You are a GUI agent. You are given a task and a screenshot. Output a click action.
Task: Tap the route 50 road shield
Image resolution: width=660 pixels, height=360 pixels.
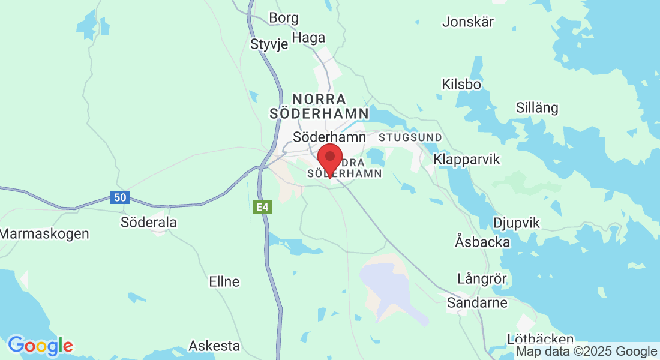[x=120, y=197]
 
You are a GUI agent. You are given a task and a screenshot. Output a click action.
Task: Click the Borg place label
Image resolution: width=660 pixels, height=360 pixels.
[x=284, y=18]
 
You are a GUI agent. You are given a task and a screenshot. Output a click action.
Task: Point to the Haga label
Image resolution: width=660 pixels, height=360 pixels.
[x=308, y=38]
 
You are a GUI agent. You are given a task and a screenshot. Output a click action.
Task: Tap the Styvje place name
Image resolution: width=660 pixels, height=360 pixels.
[x=270, y=44]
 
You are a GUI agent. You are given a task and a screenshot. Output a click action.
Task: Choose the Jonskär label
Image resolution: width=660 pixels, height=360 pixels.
[x=468, y=22]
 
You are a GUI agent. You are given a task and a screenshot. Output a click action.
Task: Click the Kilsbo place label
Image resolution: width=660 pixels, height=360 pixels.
[x=461, y=84]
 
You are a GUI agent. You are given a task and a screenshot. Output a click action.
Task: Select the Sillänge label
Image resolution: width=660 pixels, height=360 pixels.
[x=537, y=108]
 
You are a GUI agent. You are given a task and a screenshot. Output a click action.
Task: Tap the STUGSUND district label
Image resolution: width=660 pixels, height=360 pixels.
[x=410, y=137]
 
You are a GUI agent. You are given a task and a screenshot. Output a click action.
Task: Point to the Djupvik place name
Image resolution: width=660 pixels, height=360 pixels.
[x=516, y=223]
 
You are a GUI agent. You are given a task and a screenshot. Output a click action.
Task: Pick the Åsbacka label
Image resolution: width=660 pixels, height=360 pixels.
[x=482, y=242]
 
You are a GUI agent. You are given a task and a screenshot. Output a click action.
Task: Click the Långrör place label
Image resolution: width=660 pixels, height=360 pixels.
[x=482, y=279]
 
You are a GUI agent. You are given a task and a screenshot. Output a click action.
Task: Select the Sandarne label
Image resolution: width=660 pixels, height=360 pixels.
[x=478, y=302]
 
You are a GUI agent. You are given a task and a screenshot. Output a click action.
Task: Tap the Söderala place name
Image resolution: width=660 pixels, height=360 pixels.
[x=149, y=222]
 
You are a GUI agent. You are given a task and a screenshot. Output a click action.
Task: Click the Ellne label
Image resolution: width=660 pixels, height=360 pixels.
[x=224, y=281]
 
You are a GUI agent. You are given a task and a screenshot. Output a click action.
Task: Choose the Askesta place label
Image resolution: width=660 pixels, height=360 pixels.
[x=214, y=346]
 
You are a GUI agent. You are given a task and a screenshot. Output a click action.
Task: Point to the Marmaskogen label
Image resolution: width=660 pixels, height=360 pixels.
[x=44, y=233]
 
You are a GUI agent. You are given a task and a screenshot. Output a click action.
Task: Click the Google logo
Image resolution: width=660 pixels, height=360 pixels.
[x=40, y=346]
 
